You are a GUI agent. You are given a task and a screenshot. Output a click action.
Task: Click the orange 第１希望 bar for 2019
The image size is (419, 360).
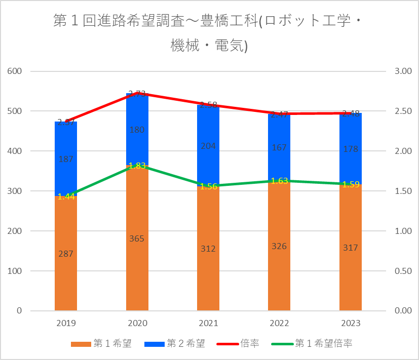(x=66, y=253)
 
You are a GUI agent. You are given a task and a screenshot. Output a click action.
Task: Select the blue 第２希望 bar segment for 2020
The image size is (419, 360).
(x=137, y=130)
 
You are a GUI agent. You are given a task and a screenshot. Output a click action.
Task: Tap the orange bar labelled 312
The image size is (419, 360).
(x=208, y=248)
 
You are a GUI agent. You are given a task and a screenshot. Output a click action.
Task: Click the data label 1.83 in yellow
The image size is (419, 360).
(x=137, y=166)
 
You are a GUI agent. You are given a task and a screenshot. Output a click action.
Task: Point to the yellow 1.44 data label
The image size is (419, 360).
(x=66, y=196)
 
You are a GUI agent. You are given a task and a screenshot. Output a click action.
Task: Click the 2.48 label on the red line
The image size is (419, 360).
(x=350, y=114)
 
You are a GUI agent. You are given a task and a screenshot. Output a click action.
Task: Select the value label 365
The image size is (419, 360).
(x=137, y=238)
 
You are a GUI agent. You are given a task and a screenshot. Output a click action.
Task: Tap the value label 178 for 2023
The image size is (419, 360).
(x=350, y=149)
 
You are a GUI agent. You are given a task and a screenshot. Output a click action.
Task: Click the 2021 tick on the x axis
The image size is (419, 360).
(x=208, y=323)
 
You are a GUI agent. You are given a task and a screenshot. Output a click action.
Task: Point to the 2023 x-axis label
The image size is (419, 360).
(x=350, y=323)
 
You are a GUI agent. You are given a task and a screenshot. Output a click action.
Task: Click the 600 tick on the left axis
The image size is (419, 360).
(x=15, y=71)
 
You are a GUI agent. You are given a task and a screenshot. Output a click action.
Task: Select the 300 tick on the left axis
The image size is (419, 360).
(x=15, y=191)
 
